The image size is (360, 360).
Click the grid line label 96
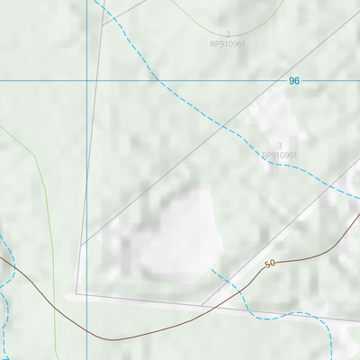(293, 81)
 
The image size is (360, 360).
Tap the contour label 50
(270, 264)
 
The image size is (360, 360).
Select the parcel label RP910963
(228, 43)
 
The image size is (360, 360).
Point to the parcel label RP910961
(279, 155)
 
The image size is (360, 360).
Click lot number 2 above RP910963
(228, 33)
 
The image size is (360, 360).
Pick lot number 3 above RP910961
(280, 145)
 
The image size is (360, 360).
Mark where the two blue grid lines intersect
(86, 81)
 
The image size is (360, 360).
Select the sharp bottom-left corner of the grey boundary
(76, 293)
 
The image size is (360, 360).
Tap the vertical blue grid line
(86, 180)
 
